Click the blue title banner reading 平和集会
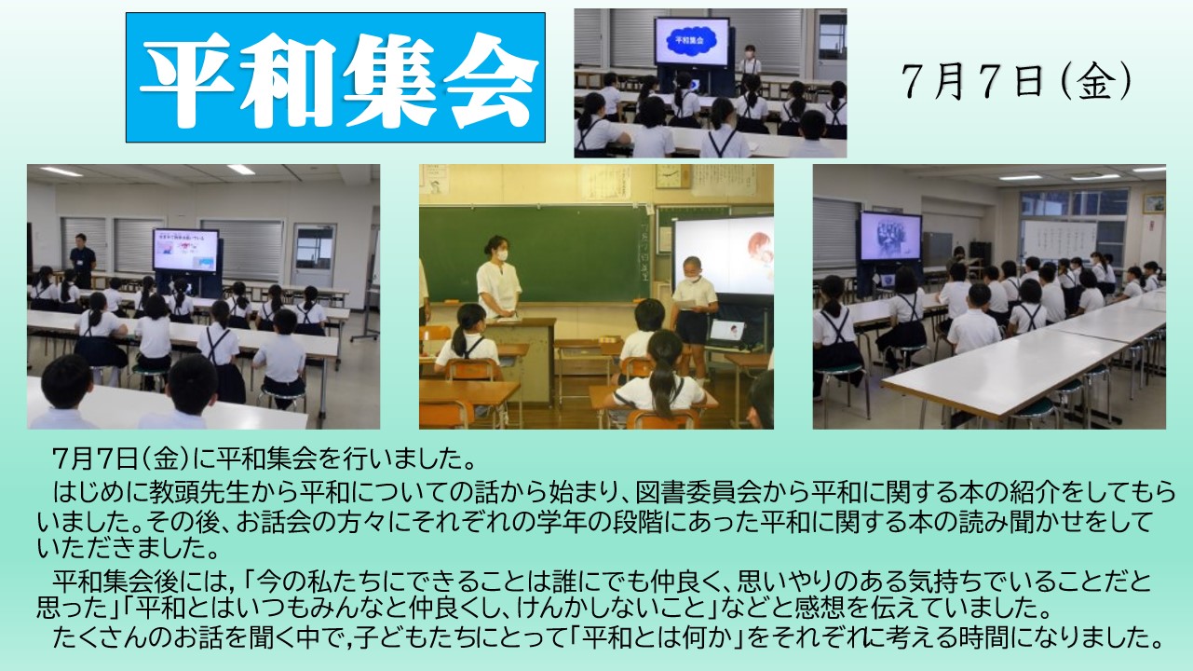point(335,77)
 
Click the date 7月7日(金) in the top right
point(1017,80)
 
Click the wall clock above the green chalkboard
point(672,175)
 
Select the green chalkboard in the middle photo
point(535,254)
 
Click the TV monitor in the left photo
point(186,250)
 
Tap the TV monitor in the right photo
point(890,236)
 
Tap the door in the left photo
point(313,255)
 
